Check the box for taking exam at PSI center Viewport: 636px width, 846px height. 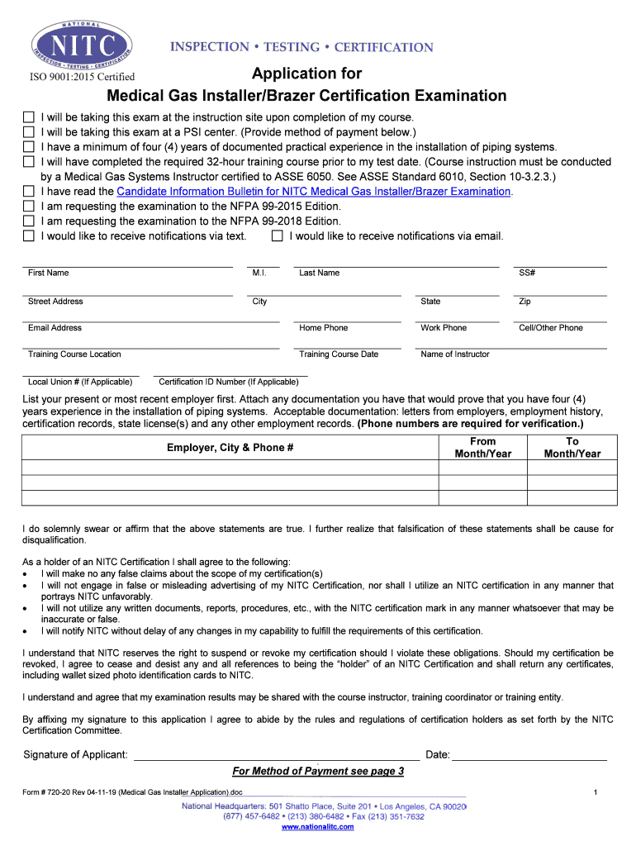[x=29, y=132]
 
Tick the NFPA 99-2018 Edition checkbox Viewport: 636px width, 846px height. [x=29, y=221]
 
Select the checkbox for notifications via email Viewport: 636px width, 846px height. [x=278, y=236]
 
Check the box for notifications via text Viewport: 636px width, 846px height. [x=29, y=236]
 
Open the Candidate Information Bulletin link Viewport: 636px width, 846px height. [x=314, y=192]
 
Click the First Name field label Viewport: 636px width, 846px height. [x=48, y=273]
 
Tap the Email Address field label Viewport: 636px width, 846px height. [x=55, y=328]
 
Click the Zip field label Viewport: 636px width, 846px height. [x=524, y=302]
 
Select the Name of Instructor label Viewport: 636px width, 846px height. [x=454, y=354]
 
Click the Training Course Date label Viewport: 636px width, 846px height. [x=339, y=354]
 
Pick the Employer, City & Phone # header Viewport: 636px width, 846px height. [x=230, y=448]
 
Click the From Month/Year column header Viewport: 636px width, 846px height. [x=483, y=448]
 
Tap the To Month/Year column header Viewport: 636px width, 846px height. [x=572, y=448]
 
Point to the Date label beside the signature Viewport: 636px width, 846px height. [x=437, y=754]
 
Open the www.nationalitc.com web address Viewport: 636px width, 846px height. [x=318, y=827]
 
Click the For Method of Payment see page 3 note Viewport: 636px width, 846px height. [x=318, y=772]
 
